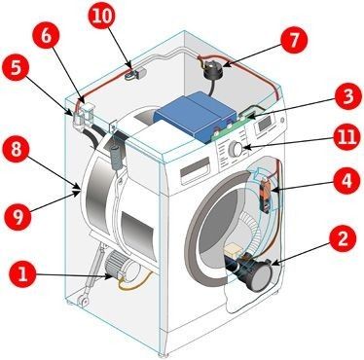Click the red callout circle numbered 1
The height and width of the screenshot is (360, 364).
click(22, 274)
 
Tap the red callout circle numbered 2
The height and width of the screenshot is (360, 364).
click(343, 239)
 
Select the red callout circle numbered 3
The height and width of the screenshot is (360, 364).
click(348, 96)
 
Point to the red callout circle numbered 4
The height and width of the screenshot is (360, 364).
click(346, 181)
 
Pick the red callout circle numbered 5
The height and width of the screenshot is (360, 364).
click(16, 69)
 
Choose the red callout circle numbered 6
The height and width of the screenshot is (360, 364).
click(46, 36)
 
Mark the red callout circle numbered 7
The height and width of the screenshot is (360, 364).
click(294, 40)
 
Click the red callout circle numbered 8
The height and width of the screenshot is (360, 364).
click(16, 150)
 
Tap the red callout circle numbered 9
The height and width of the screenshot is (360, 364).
click(18, 216)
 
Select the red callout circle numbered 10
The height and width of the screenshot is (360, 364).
click(102, 17)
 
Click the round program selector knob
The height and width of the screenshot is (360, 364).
click(236, 150)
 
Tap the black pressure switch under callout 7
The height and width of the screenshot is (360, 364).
click(212, 72)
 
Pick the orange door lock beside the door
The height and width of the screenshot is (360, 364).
click(266, 196)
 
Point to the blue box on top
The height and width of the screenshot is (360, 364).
click(196, 116)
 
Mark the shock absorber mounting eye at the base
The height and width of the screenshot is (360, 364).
click(84, 300)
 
